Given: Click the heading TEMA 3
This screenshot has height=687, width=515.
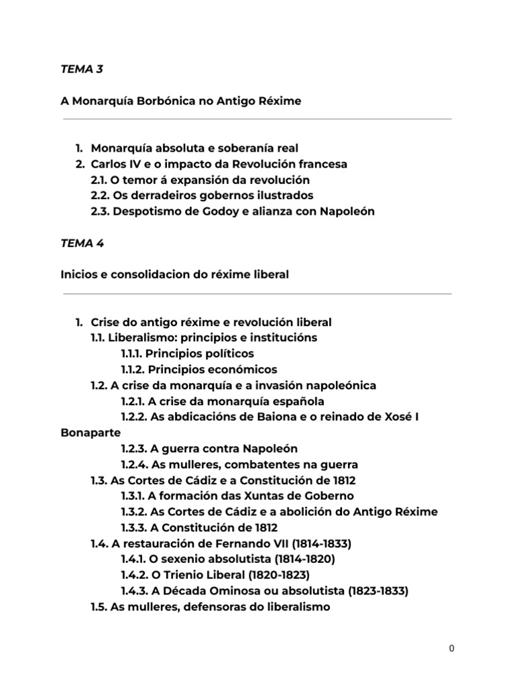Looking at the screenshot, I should click(82, 68).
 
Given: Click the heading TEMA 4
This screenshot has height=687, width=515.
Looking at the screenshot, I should click(82, 244).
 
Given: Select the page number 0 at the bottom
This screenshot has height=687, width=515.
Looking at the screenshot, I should click(452, 649).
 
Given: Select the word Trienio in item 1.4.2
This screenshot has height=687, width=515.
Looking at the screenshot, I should click(182, 576).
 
